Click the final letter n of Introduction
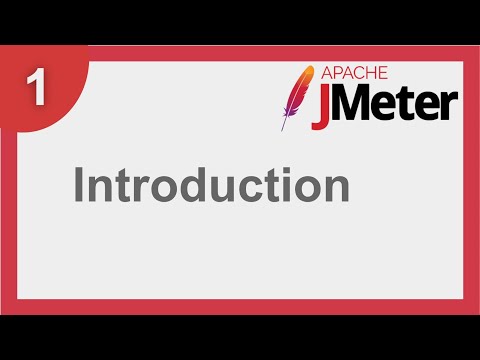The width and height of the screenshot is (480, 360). click(335, 190)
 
